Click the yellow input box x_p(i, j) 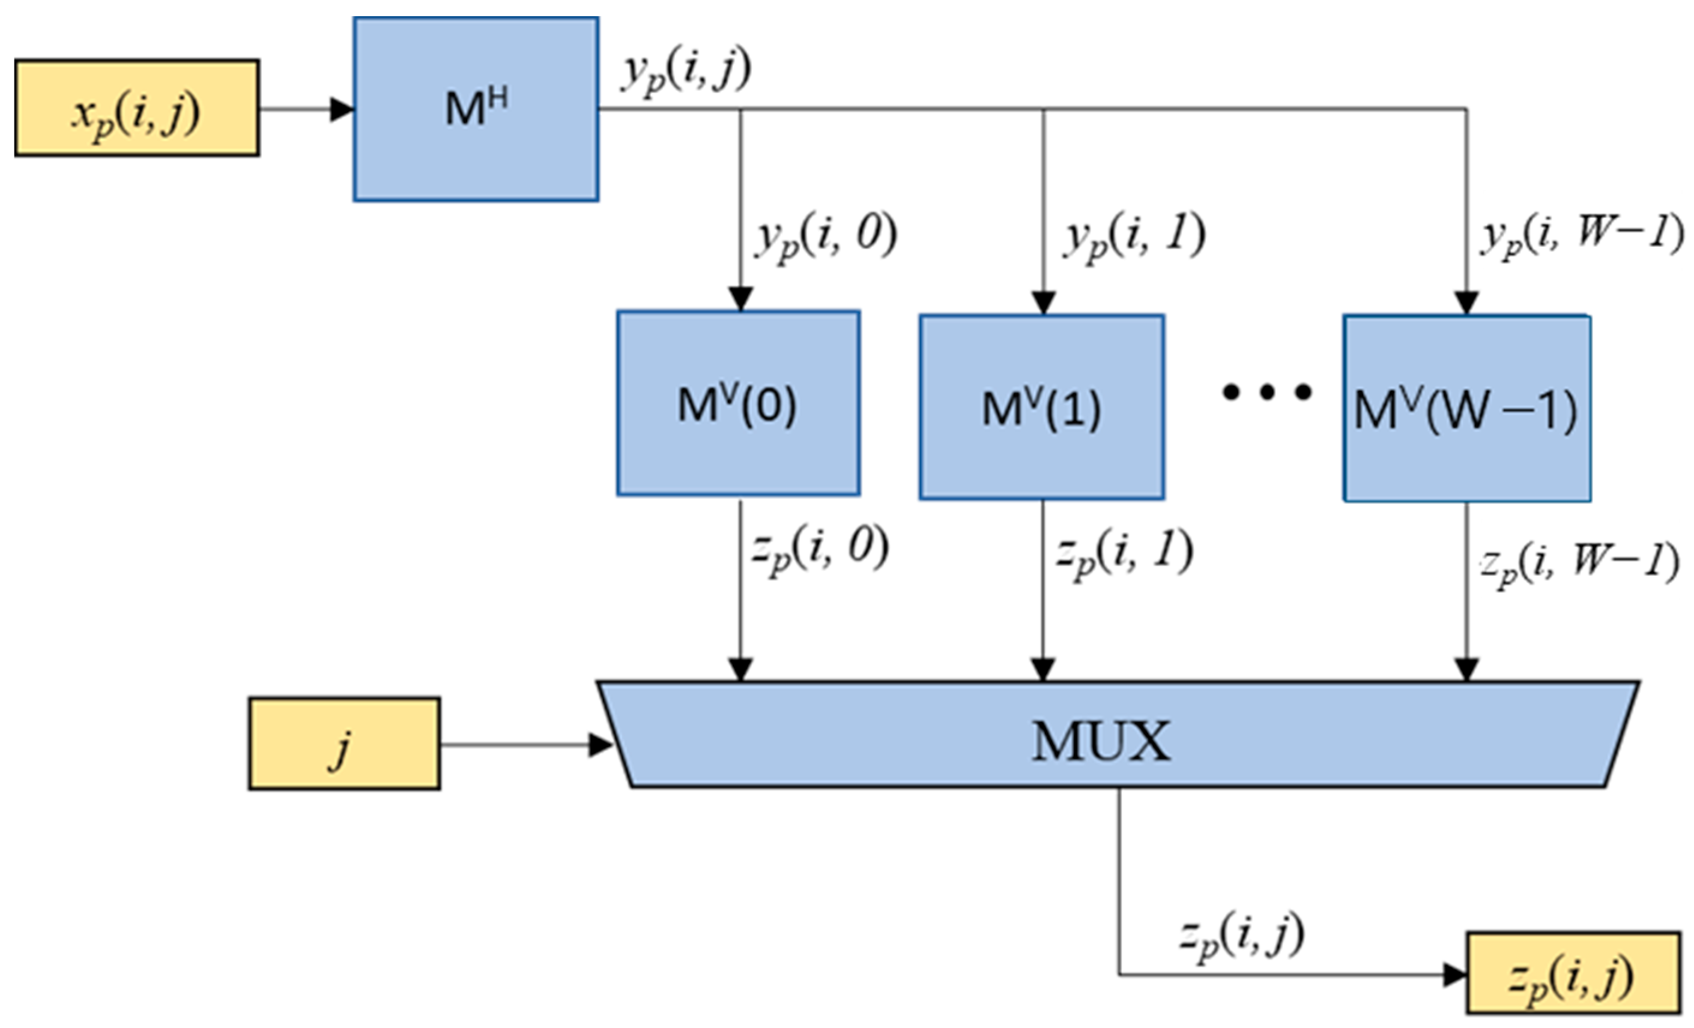[x=137, y=109]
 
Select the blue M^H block [x=476, y=109]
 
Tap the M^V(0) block [x=737, y=403]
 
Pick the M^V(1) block [x=1042, y=407]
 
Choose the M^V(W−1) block [x=1466, y=409]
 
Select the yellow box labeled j [x=343, y=744]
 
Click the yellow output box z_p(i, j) [x=1572, y=973]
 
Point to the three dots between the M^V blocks [x=1266, y=392]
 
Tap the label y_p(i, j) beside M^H [x=685, y=71]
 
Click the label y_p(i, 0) [x=825, y=237]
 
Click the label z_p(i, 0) [x=820, y=552]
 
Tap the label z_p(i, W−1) [x=1579, y=565]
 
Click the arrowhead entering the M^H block [x=342, y=109]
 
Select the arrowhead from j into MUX [x=600, y=745]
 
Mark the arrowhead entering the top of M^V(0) [x=740, y=300]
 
